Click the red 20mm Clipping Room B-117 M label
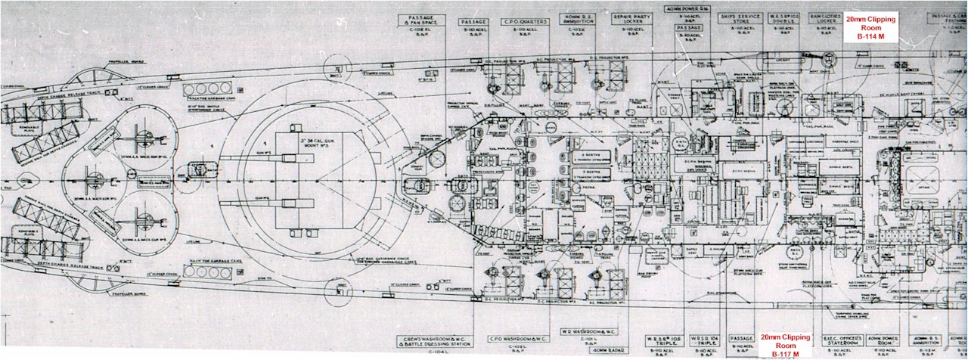tap(784, 345)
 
